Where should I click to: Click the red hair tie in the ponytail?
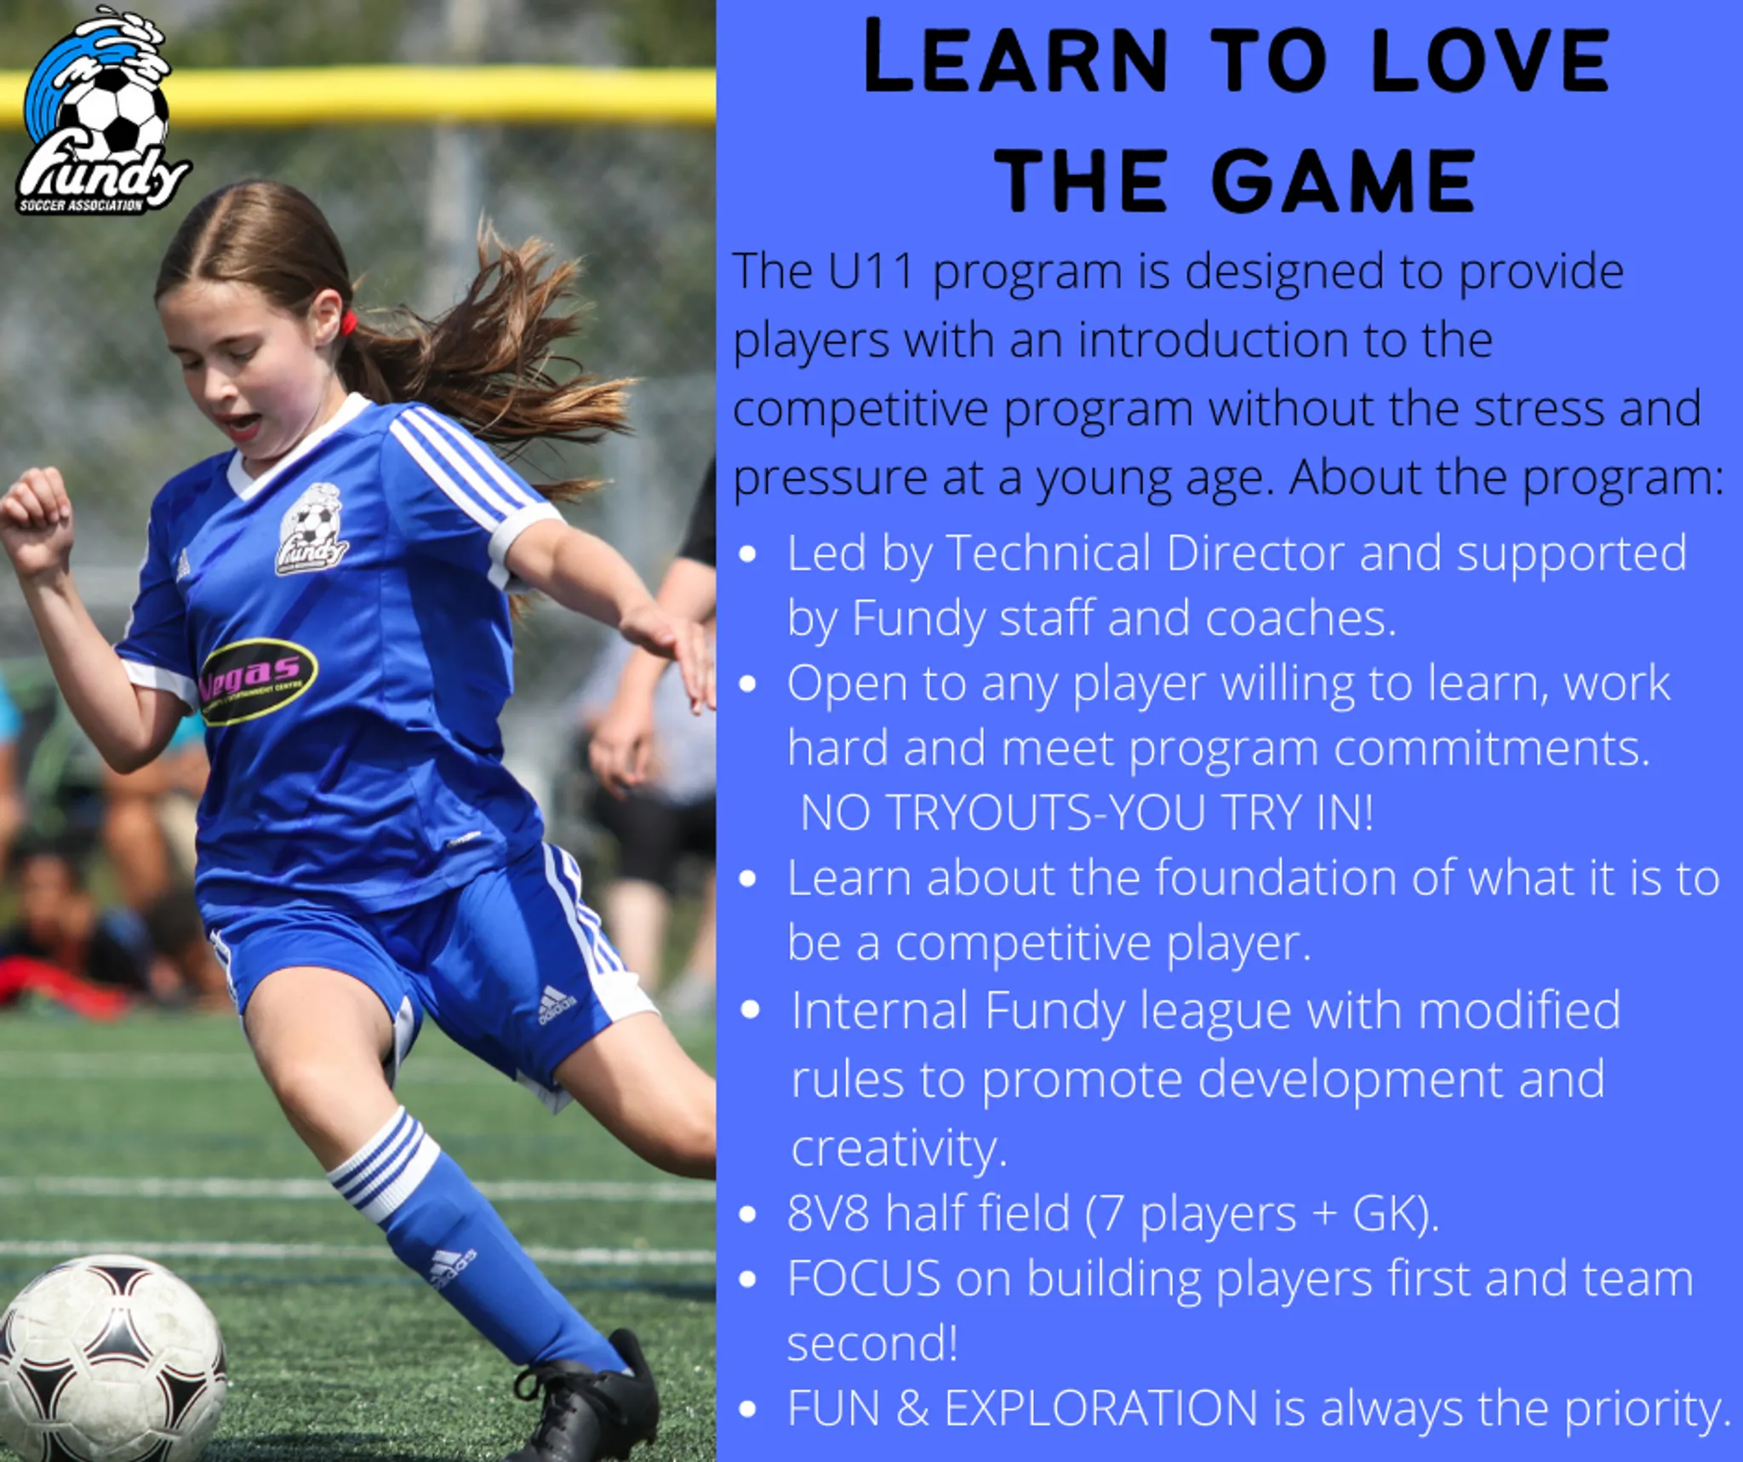pos(348,323)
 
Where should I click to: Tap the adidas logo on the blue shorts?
pos(557,1005)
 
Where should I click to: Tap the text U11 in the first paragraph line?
pos(870,271)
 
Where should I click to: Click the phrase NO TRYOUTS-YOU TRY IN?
pos(1087,812)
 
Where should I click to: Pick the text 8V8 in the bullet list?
pos(827,1213)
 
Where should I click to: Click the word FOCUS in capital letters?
pos(864,1278)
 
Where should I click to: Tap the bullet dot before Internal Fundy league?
pos(750,1010)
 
